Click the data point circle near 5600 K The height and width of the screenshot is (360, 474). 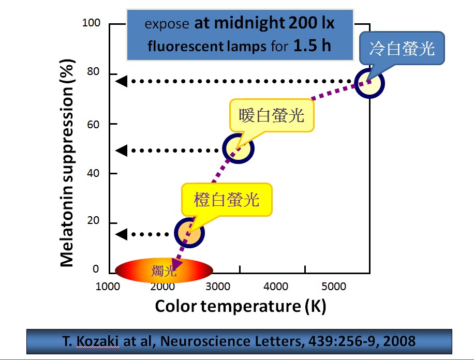369,83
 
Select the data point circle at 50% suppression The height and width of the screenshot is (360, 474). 238,149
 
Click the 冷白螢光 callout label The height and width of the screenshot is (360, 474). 402,49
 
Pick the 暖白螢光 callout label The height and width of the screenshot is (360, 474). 272,116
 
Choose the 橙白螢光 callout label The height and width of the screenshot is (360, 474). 226,200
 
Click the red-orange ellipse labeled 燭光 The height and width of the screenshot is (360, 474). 164,270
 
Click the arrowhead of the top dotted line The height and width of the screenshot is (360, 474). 120,81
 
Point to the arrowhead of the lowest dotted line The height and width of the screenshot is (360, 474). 120,234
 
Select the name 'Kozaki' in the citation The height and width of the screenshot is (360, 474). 101,341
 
